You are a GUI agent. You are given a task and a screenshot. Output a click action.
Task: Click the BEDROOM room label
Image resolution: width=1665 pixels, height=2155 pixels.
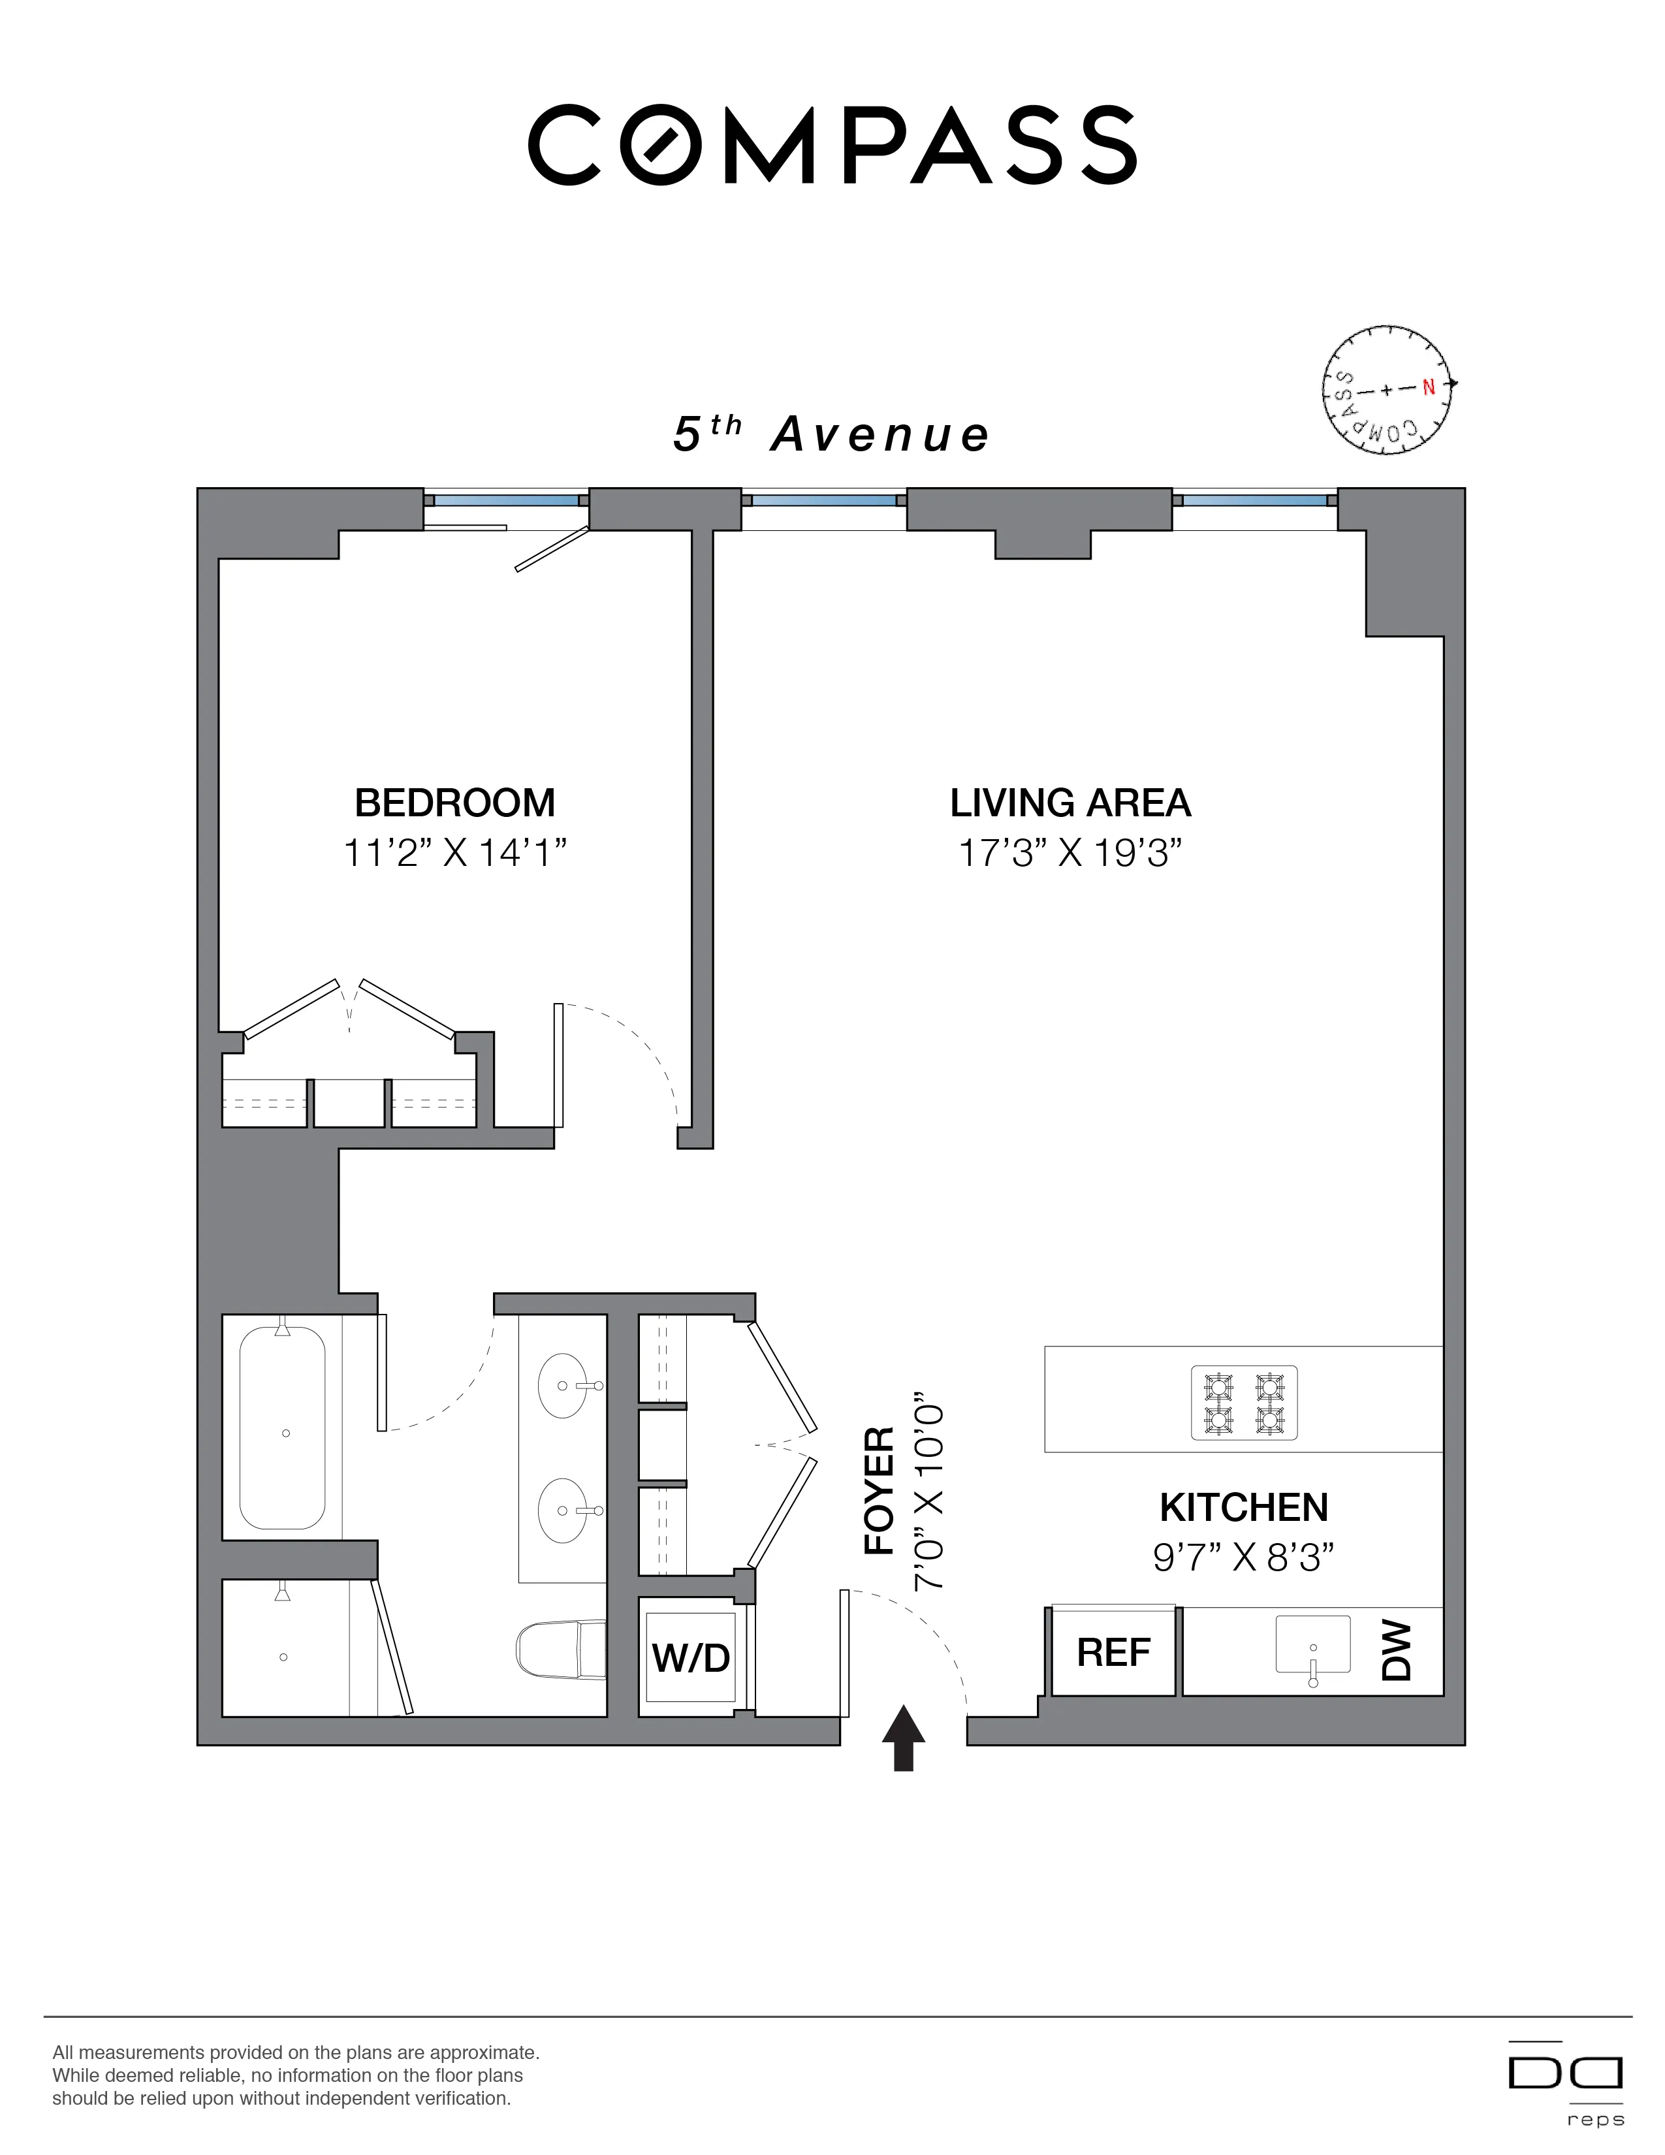454,803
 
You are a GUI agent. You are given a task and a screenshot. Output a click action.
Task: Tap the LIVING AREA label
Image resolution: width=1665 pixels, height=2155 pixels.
1070,803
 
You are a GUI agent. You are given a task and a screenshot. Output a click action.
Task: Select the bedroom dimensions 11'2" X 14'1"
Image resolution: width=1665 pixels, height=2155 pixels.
454,852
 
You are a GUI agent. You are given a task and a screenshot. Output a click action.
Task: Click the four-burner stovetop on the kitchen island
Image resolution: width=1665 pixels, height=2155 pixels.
1244,1403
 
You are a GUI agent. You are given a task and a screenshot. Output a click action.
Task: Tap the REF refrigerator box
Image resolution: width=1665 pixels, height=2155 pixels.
1114,1652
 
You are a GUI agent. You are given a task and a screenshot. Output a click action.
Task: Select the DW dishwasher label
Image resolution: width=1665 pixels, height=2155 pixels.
1398,1652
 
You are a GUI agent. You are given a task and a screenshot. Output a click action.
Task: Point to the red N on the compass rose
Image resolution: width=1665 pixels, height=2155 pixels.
1428,388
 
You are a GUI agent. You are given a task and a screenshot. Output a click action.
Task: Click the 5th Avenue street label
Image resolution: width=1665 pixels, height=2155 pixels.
831,434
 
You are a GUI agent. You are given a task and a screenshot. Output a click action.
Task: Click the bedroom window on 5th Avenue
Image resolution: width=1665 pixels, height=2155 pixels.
506,500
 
